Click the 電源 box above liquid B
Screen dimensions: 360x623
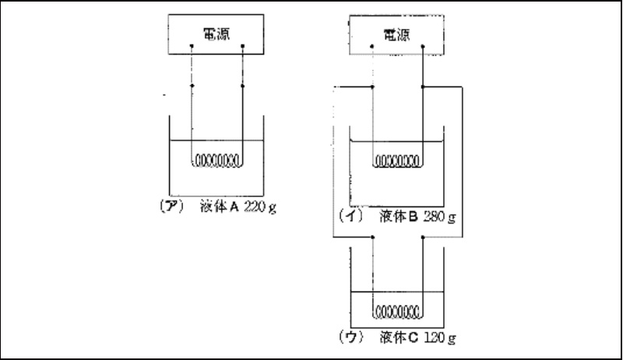coord(398,34)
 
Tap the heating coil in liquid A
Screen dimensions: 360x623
coord(217,162)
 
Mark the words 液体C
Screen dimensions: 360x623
coord(397,339)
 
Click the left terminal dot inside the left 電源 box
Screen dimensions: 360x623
coord(192,47)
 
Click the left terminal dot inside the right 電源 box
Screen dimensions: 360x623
coord(373,48)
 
